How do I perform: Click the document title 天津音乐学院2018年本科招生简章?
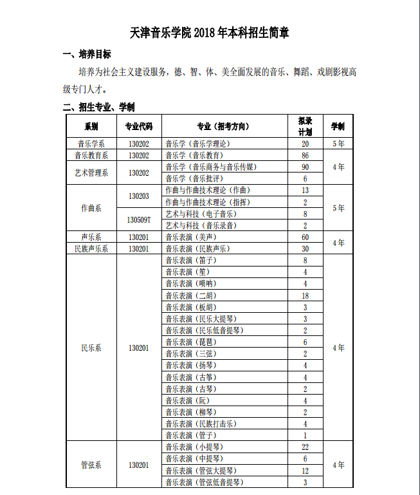(210, 32)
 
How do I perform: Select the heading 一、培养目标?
(86, 54)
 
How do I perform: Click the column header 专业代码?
(138, 126)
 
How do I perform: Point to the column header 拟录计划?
(305, 126)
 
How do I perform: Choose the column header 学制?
(338, 126)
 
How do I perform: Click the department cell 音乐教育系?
(91, 155)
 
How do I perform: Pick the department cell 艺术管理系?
(91, 173)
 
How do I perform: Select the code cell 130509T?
(138, 219)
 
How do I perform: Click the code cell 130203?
(138, 196)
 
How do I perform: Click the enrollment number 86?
(305, 155)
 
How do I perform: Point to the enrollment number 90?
(305, 167)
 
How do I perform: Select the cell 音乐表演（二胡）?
(191, 295)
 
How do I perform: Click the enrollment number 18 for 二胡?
(305, 295)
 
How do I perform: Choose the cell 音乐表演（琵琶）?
(191, 342)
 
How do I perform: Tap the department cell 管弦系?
(91, 464)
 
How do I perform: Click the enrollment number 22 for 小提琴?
(305, 447)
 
